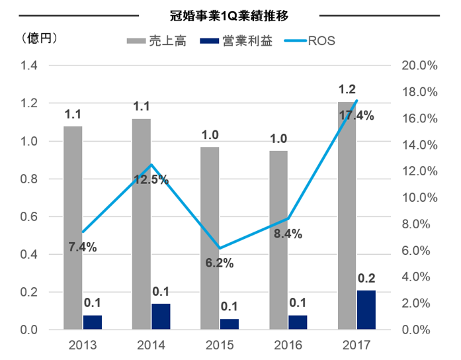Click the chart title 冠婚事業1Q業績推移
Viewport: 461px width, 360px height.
point(229,16)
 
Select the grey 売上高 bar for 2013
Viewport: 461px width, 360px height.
point(73,228)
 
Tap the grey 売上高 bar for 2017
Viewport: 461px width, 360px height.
point(347,216)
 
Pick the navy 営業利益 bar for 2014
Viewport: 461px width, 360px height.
point(161,316)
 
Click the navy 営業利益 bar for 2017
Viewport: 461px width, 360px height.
point(366,310)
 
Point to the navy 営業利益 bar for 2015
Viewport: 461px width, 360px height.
point(230,324)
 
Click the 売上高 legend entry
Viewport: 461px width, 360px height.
point(156,41)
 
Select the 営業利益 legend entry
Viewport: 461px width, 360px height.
point(236,41)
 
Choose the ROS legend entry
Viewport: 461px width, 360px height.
point(310,41)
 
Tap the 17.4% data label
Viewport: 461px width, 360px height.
point(356,116)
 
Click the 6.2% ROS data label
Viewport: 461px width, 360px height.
point(220,263)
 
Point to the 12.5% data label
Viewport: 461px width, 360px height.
point(151,179)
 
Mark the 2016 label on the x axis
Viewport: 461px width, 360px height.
point(288,345)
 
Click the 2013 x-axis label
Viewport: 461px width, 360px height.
point(83,345)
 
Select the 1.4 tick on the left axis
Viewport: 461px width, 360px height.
point(29,66)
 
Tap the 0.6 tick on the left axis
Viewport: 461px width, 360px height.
point(29,217)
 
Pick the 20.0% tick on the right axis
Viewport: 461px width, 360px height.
point(419,66)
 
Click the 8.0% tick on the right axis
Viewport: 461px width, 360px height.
point(416,224)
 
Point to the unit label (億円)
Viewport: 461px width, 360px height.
point(39,38)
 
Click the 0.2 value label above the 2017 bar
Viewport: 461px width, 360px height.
point(366,278)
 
